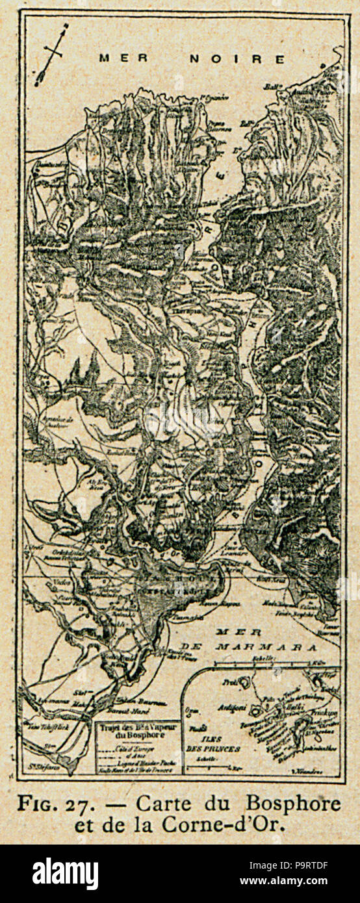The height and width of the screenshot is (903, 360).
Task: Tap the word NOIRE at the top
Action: pyautogui.click(x=237, y=59)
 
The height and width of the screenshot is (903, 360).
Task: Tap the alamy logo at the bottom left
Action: pyautogui.click(x=65, y=873)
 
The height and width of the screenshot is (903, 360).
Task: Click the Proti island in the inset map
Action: pyautogui.click(x=245, y=683)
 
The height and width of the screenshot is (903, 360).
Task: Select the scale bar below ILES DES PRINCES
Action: pyautogui.click(x=208, y=767)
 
